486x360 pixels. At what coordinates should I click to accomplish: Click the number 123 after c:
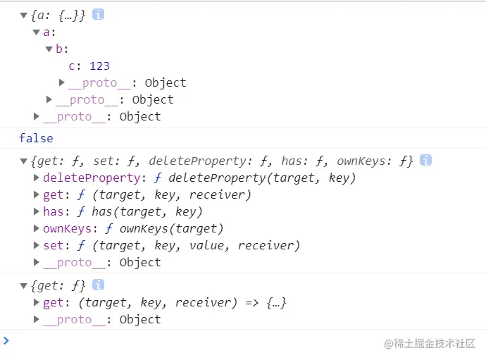(x=99, y=66)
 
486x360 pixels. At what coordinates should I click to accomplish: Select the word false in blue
(x=36, y=137)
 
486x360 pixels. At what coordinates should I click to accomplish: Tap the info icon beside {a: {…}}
(x=98, y=14)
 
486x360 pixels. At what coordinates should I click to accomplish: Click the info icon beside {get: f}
(x=98, y=285)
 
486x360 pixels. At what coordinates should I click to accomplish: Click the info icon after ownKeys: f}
(x=425, y=160)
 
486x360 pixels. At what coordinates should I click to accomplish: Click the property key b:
(x=62, y=49)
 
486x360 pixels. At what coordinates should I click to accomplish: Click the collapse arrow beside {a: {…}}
(x=24, y=15)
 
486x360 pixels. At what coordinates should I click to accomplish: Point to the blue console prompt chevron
(x=6, y=341)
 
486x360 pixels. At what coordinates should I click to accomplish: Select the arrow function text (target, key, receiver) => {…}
(x=182, y=302)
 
